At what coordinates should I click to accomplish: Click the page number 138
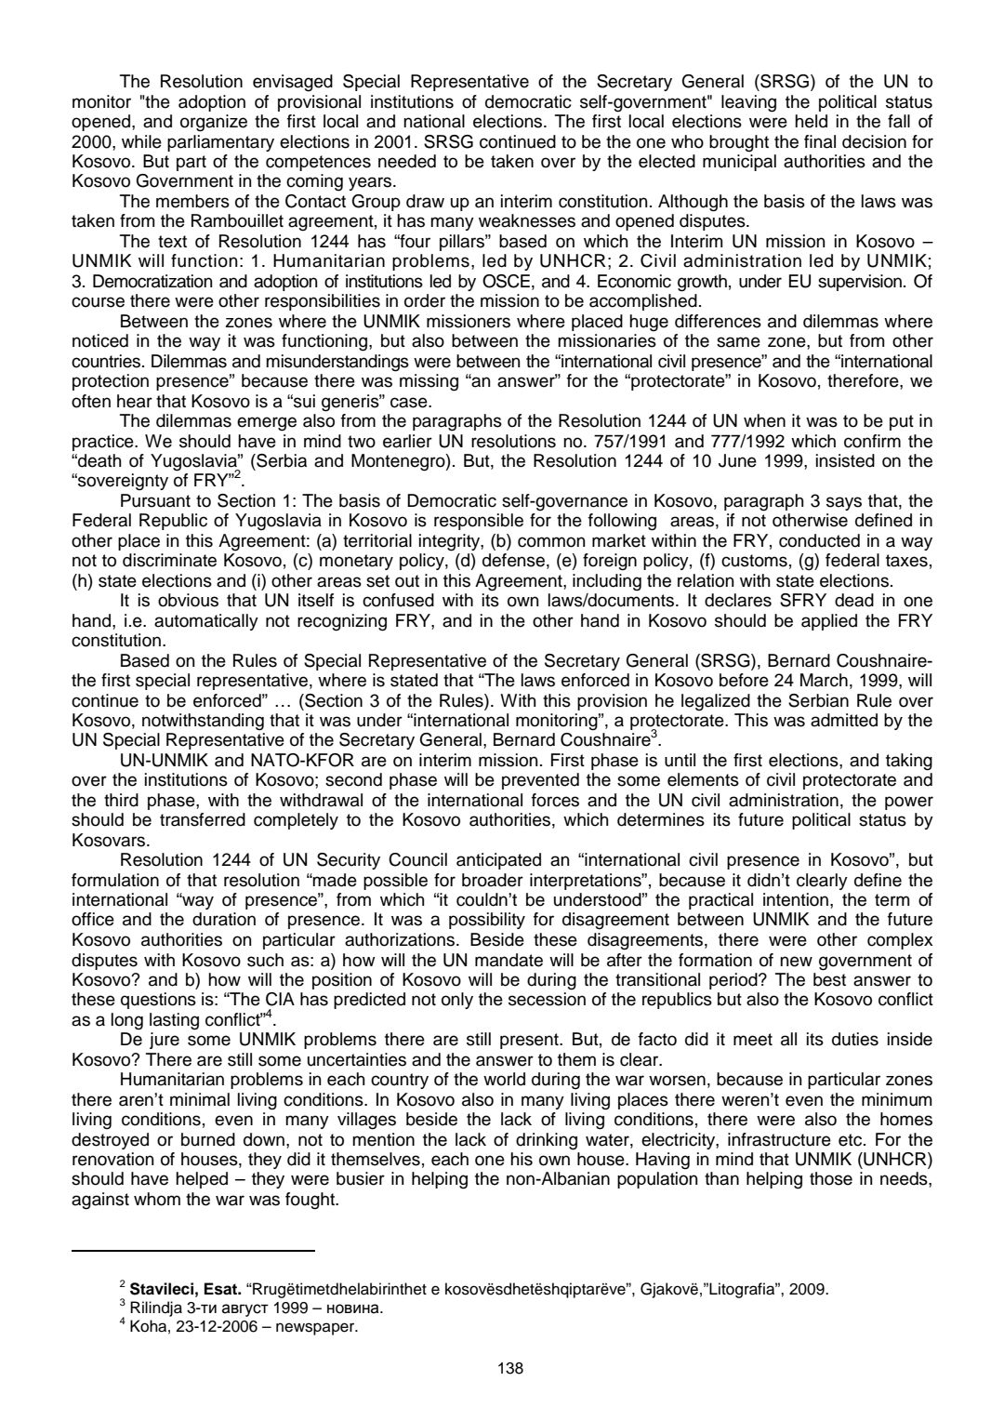point(510,1368)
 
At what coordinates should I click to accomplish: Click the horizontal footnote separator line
point(193,1252)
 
